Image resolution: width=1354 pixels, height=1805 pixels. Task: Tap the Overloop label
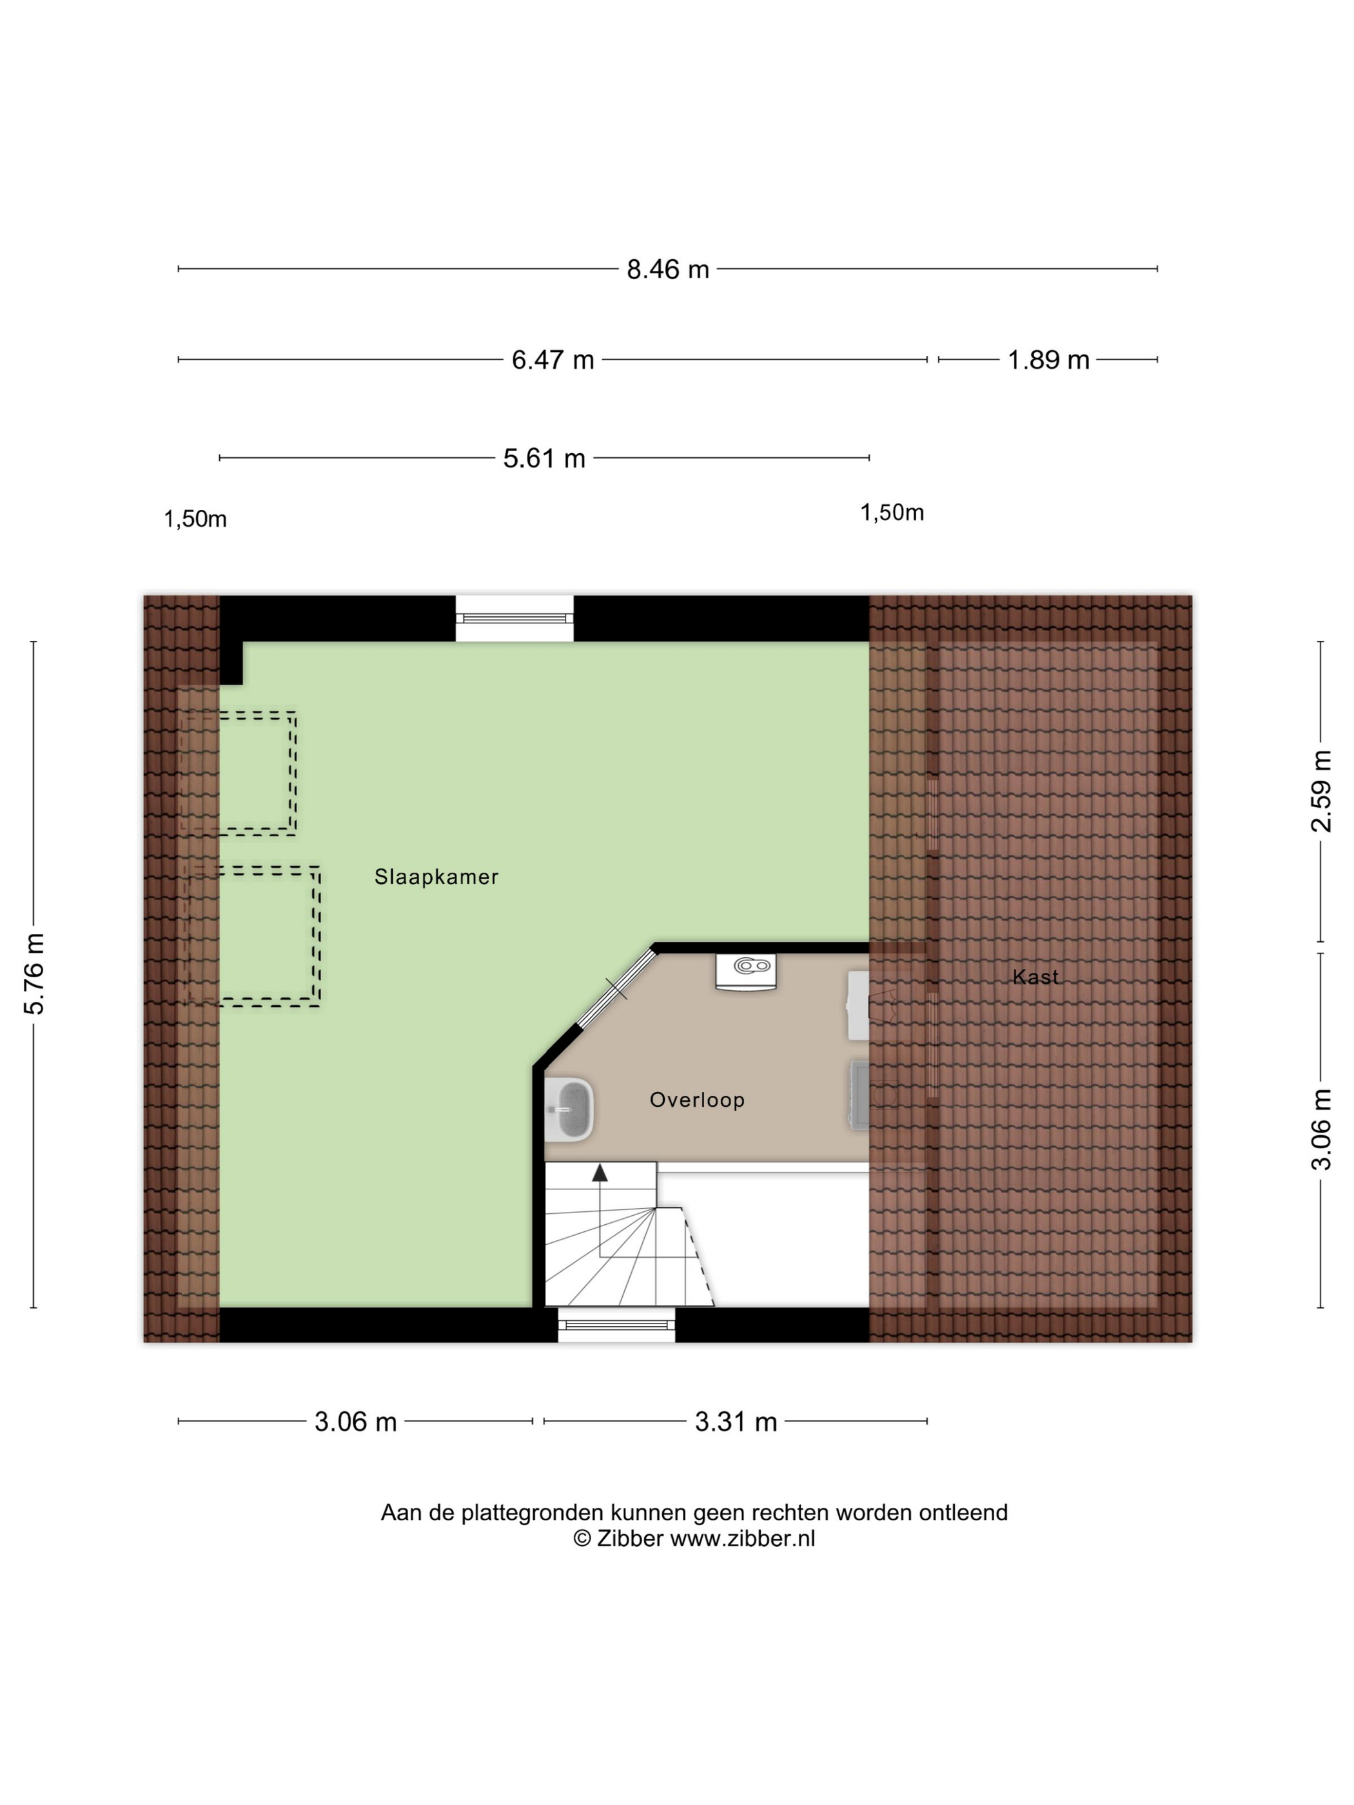tap(697, 1100)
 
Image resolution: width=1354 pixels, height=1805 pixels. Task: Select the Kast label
tap(1035, 977)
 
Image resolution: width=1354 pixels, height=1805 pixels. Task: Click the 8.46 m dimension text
tap(667, 269)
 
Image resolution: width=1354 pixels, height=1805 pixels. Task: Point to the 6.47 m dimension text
tap(553, 360)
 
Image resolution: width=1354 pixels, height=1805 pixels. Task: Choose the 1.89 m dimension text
tap(1048, 360)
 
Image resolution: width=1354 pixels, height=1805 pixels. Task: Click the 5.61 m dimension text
tap(544, 458)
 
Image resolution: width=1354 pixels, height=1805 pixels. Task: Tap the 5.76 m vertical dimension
tap(34, 974)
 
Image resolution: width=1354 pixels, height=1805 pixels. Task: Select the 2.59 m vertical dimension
tap(1320, 792)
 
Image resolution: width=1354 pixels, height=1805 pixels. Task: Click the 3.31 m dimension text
tap(736, 1422)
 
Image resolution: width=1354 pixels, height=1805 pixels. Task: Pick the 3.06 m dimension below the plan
tap(356, 1422)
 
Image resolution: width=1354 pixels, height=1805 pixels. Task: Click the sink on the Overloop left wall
tap(569, 1109)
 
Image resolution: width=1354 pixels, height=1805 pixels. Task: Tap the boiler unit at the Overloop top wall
tap(746, 971)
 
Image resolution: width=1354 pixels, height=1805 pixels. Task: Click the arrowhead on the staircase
tap(600, 1173)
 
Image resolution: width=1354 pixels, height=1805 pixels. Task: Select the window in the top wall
tap(514, 618)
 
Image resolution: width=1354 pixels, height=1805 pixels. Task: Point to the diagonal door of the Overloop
tap(617, 989)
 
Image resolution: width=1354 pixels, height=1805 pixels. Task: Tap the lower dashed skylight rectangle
tap(252, 936)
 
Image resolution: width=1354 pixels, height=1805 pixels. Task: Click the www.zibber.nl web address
tap(743, 1538)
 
